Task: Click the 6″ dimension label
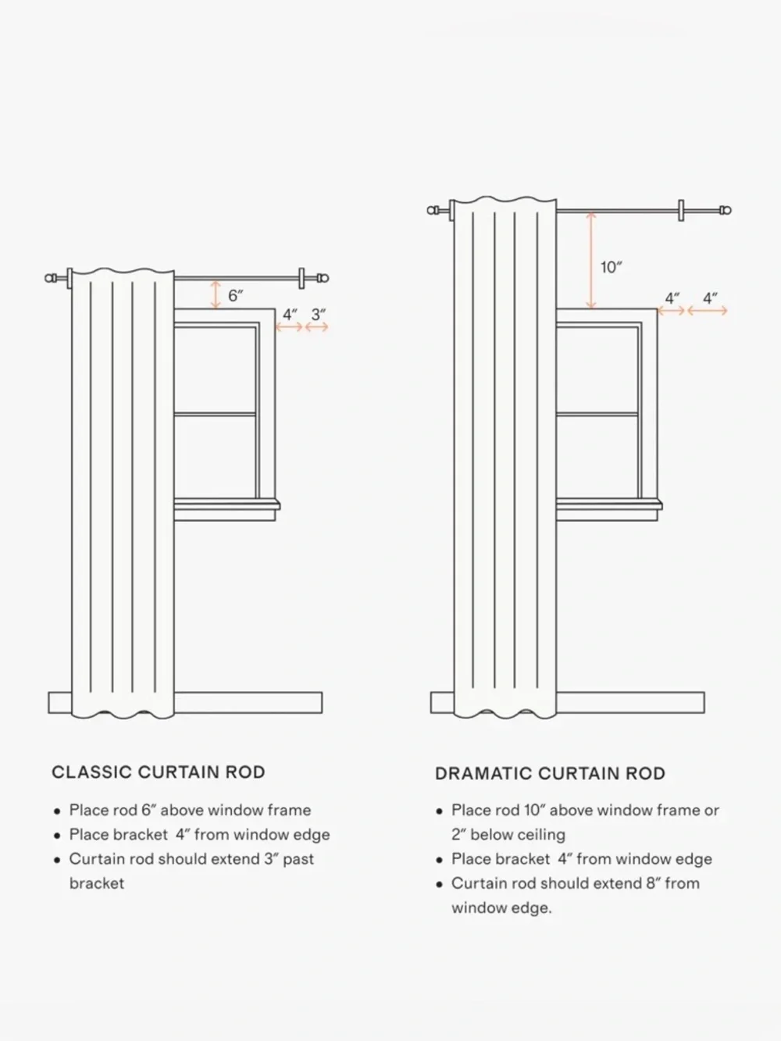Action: [x=235, y=295]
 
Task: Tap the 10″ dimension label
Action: [x=611, y=268]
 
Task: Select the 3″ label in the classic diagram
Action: [x=318, y=315]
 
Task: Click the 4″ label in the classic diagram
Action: [x=290, y=315]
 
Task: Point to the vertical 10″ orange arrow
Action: [x=591, y=260]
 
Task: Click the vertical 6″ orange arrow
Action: [x=216, y=294]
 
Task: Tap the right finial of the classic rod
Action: [x=323, y=278]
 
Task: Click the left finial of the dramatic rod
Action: [x=433, y=210]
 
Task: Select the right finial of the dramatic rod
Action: [x=725, y=210]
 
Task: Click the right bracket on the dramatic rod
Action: [x=681, y=210]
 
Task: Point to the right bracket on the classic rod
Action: [x=301, y=278]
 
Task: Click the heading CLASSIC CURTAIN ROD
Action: [x=159, y=772]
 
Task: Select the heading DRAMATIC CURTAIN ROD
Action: [x=550, y=773]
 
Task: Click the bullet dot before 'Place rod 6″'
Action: [x=57, y=811]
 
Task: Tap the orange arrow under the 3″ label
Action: [x=316, y=326]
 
